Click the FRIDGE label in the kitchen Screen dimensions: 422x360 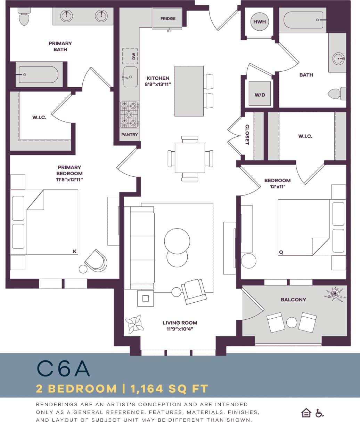pyautogui.click(x=168, y=19)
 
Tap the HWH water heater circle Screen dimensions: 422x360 pyautogui.click(x=260, y=22)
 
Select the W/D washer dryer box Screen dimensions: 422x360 pyautogui.click(x=260, y=94)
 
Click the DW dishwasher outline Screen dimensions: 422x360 pyautogui.click(x=130, y=56)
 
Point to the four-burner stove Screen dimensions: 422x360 pyautogui.click(x=129, y=114)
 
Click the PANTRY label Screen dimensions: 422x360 pyautogui.click(x=130, y=135)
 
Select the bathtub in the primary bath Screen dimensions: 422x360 pyautogui.click(x=38, y=75)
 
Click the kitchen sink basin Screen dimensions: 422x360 pyautogui.click(x=130, y=77)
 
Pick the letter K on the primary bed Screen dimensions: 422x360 pyautogui.click(x=74, y=251)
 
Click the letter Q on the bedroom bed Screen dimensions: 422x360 pyautogui.click(x=281, y=252)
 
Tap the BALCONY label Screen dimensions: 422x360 pyautogui.click(x=294, y=300)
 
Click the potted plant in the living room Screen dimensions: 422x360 pyautogui.click(x=134, y=324)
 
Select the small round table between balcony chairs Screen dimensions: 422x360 pyautogui.click(x=292, y=323)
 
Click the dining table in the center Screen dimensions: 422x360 pyautogui.click(x=190, y=158)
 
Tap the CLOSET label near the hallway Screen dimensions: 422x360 pyautogui.click(x=247, y=135)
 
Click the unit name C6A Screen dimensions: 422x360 pyautogui.click(x=64, y=369)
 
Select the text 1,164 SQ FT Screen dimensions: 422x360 pyautogui.click(x=169, y=389)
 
